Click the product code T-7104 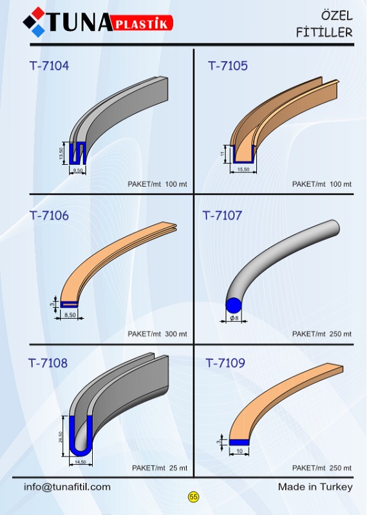pos(50,66)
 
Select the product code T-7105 pos(228,66)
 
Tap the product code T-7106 pos(50,216)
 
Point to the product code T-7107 pos(222,216)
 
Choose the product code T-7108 pos(48,363)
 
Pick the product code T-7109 pos(225,363)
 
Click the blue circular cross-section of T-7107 pos(234,305)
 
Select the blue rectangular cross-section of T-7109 pos(239,442)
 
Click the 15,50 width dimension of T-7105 pos(243,169)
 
